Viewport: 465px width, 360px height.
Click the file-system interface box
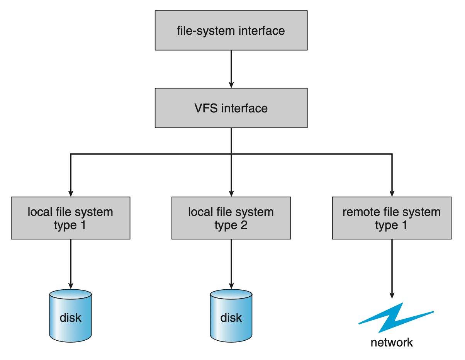[x=231, y=30]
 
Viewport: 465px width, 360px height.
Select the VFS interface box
[x=231, y=108]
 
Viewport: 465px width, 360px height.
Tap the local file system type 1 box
[x=70, y=218]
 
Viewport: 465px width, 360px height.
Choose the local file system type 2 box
[x=231, y=218]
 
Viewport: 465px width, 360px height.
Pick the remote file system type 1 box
[x=392, y=218]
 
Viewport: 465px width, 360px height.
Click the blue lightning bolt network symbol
[x=395, y=318]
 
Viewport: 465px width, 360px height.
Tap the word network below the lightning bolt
[x=392, y=342]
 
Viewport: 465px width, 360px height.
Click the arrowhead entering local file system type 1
[x=71, y=193]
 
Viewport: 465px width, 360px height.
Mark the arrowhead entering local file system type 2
[x=231, y=193]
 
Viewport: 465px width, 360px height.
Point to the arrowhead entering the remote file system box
[x=392, y=193]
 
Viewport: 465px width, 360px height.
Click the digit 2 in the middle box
[x=244, y=225]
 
